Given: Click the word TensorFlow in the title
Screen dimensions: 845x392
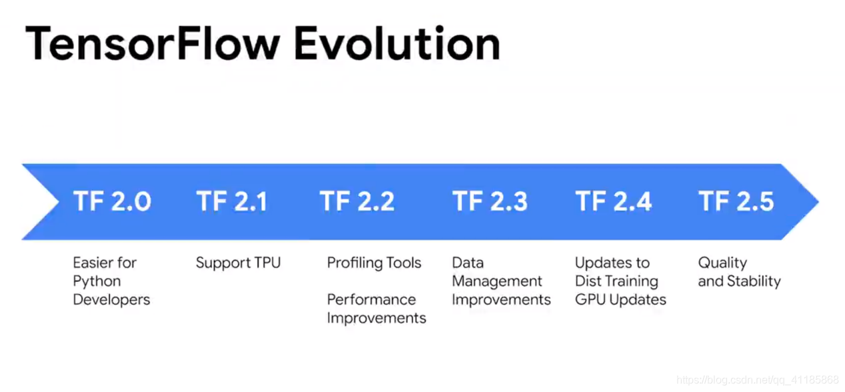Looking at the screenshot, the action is click(x=153, y=44).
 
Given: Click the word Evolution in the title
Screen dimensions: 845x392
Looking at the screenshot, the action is click(x=397, y=43).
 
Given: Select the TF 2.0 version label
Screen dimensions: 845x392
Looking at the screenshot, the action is click(x=112, y=201).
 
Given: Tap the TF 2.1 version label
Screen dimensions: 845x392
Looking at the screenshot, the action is click(x=232, y=201).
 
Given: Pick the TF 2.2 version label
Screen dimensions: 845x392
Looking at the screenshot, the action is click(x=357, y=201).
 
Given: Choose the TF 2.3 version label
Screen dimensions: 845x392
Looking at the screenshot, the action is click(x=490, y=201).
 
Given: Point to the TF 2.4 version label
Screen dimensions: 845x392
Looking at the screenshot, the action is click(x=613, y=201).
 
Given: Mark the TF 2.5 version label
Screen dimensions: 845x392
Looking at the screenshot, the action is click(x=736, y=201).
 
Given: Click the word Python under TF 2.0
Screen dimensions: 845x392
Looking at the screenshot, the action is click(x=97, y=282).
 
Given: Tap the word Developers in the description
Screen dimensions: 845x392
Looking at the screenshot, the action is click(x=112, y=300).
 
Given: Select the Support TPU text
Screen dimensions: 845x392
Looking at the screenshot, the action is click(x=239, y=263).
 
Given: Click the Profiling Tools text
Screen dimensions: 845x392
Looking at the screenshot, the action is click(x=375, y=263).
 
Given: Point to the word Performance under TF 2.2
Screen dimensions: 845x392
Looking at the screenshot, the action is click(x=372, y=299).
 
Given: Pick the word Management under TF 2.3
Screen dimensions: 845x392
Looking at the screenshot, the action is click(x=497, y=281).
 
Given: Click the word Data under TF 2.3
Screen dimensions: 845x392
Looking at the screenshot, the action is click(x=468, y=263).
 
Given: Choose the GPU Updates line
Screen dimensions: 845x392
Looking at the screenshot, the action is click(x=620, y=300).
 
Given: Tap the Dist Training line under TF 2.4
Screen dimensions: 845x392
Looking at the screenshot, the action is click(x=617, y=282).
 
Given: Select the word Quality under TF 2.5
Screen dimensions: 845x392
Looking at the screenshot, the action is click(x=722, y=263).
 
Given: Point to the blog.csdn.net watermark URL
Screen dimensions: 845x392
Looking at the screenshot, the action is click(x=758, y=380).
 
